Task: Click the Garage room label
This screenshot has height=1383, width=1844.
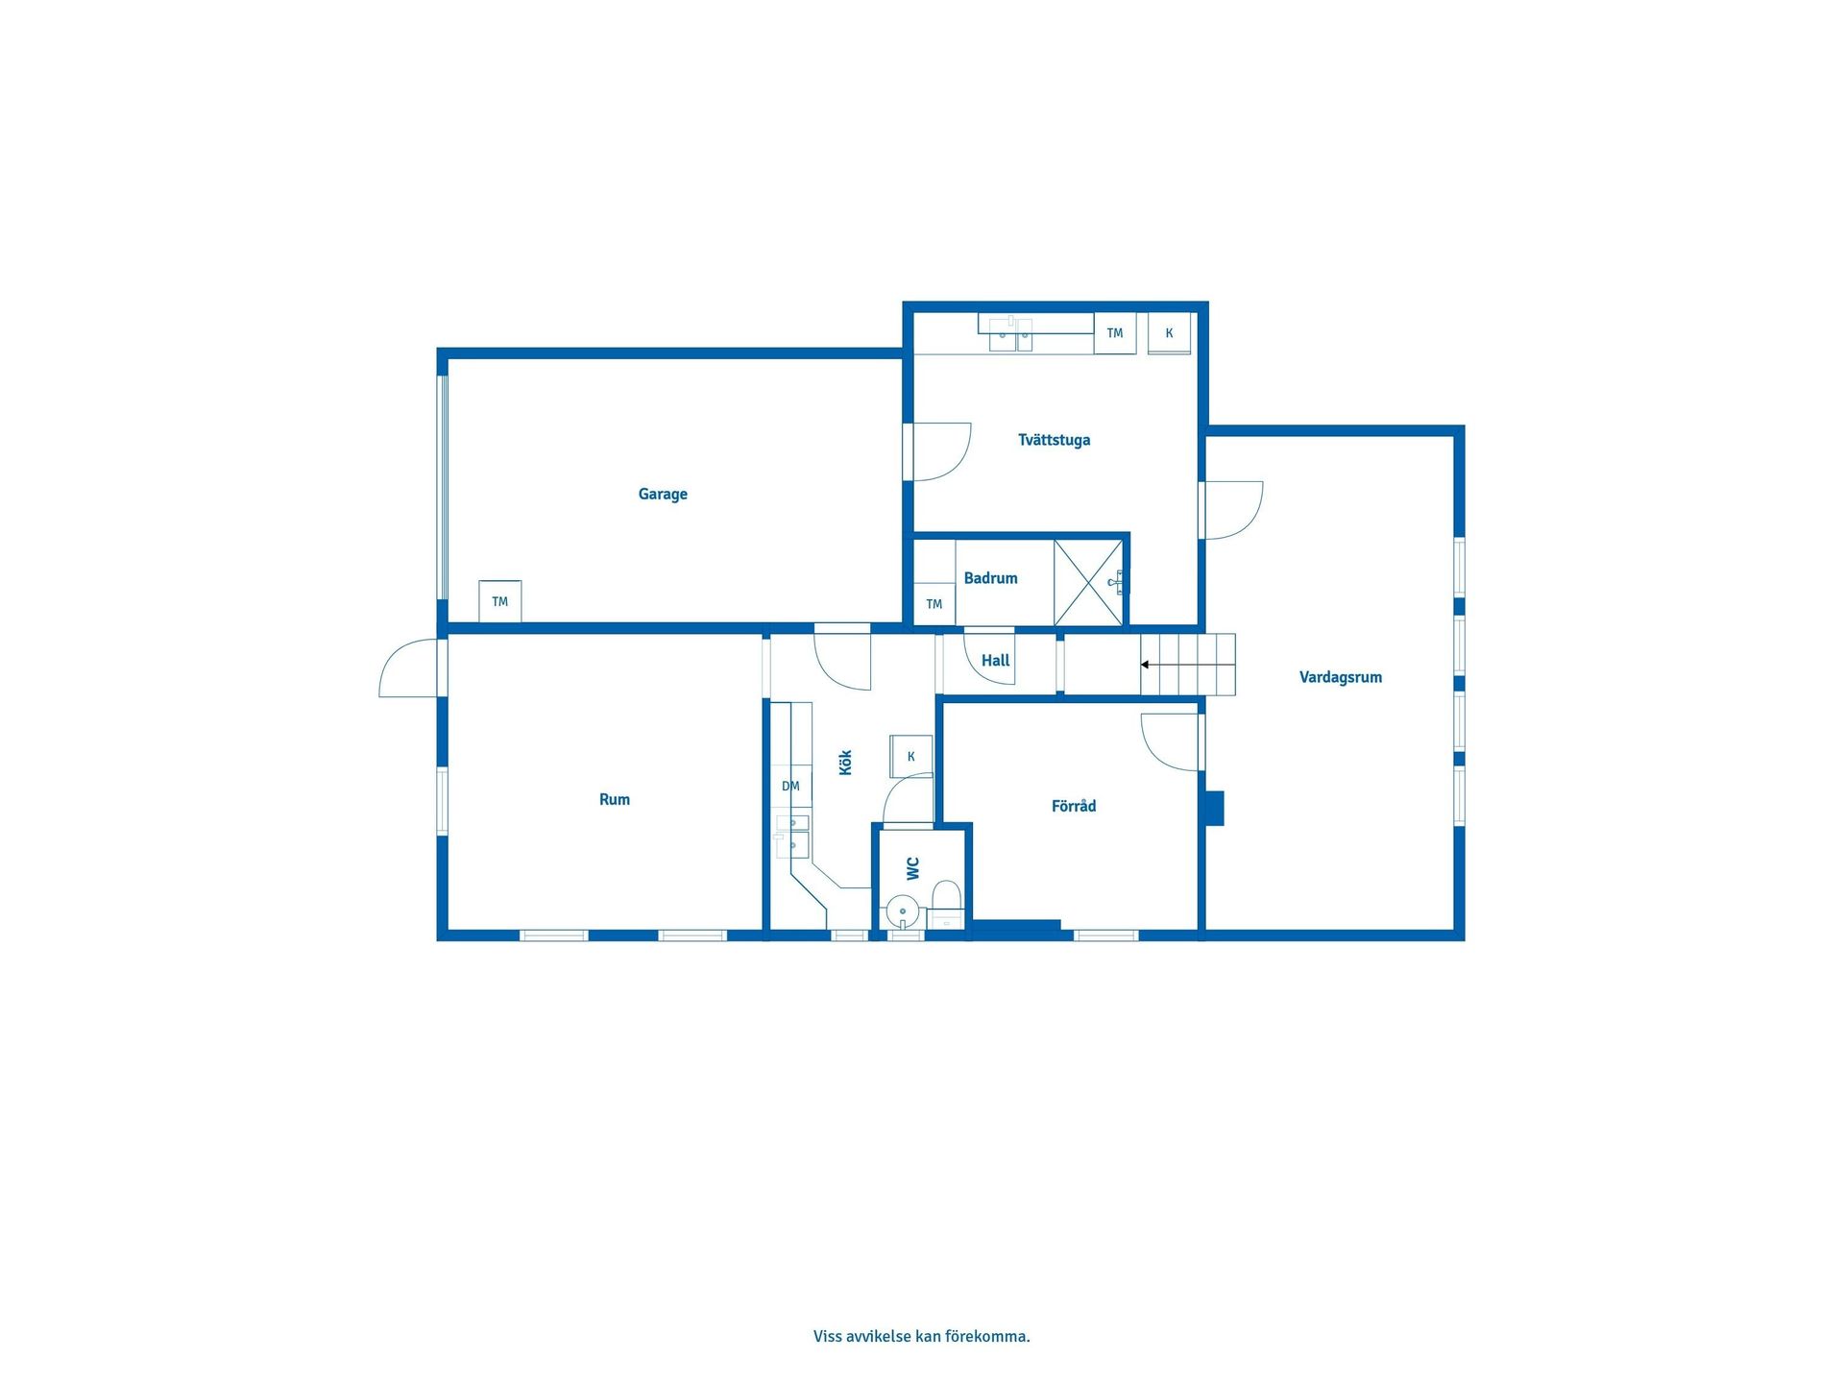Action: (x=663, y=495)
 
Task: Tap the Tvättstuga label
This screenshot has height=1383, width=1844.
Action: (x=1054, y=440)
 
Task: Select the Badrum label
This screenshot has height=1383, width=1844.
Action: (x=990, y=578)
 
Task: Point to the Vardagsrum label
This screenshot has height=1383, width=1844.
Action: (x=1340, y=677)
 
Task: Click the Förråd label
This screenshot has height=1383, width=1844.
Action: (x=1073, y=806)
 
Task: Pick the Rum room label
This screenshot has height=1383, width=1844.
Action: (x=615, y=799)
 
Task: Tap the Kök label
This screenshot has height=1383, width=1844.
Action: (x=846, y=763)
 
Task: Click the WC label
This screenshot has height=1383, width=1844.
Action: (x=913, y=868)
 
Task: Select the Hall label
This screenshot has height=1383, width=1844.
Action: (x=995, y=661)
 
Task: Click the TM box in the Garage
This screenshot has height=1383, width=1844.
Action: (x=500, y=601)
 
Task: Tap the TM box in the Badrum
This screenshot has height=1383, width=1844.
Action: (x=934, y=604)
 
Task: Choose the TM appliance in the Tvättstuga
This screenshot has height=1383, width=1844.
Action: (x=1114, y=333)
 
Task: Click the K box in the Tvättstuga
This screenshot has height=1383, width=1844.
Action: (x=1169, y=333)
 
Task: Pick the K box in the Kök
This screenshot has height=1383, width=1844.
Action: (x=910, y=757)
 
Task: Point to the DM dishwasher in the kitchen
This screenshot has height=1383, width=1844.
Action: (x=791, y=787)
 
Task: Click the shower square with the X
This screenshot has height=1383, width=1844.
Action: (x=1088, y=583)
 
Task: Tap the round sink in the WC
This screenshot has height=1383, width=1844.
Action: (x=903, y=911)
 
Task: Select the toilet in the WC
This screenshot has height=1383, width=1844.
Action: (x=947, y=899)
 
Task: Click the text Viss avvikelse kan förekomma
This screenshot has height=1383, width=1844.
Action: (x=921, y=1336)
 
